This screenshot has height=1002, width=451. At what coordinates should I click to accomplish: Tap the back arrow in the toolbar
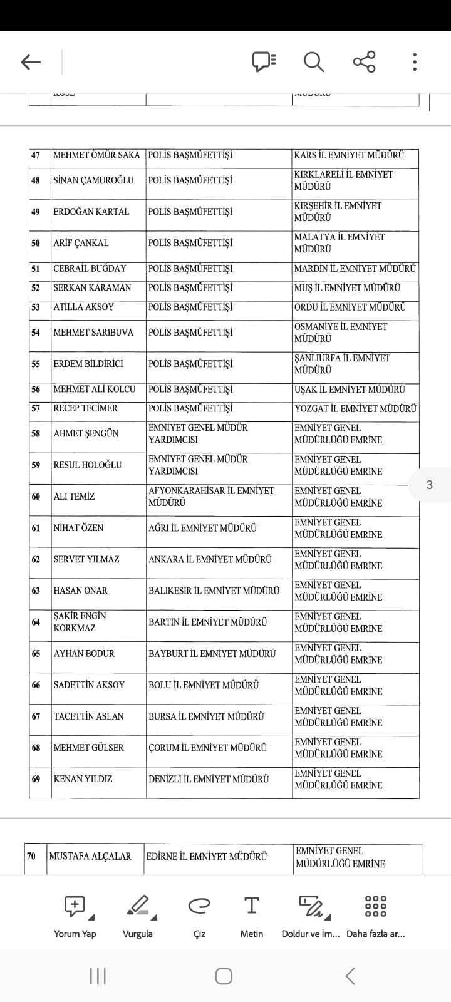31,61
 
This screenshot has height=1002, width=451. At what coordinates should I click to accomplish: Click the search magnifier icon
313,61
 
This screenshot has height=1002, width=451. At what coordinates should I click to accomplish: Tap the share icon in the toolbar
364,61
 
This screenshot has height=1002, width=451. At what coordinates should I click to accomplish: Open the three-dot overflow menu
415,61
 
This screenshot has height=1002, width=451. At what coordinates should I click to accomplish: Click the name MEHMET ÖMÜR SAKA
96,155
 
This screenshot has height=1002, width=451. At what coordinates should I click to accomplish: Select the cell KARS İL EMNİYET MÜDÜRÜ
349,155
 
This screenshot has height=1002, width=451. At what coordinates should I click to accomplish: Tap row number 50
36,243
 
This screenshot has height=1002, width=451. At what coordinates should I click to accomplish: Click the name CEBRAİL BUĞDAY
90,269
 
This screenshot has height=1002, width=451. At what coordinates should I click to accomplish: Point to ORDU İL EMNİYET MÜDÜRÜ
350,307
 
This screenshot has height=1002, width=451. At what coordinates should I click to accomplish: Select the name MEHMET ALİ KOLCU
94,389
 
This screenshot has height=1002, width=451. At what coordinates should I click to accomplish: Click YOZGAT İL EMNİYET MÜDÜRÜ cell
355,408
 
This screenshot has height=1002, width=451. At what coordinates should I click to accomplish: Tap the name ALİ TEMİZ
74,497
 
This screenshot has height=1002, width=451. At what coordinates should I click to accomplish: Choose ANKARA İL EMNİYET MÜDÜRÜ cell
210,559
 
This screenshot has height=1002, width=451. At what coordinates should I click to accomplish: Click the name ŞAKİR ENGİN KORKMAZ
80,622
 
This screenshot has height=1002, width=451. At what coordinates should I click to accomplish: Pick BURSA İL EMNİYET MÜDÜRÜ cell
206,716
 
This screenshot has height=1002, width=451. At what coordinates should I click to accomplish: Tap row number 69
36,779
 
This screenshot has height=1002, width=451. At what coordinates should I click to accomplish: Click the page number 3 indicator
429,485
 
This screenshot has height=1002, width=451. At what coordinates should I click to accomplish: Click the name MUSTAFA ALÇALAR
90,856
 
